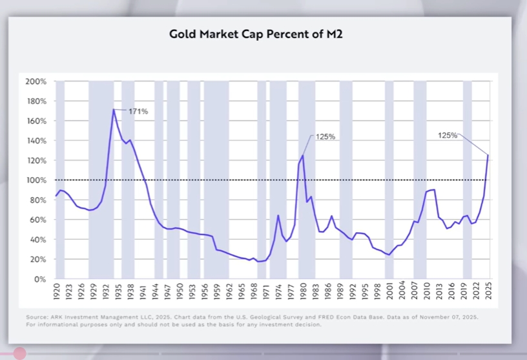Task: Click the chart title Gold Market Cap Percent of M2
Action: tap(255, 34)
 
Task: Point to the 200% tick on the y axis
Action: tap(36, 81)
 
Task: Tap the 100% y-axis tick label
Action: tap(36, 180)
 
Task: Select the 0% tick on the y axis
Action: tap(40, 279)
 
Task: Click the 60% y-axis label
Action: tap(37, 220)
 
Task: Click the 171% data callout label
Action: tap(138, 111)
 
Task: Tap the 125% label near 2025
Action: tap(448, 135)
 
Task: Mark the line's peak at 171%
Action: tap(114, 109)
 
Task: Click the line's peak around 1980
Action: tap(302, 155)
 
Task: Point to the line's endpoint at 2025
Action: tap(488, 155)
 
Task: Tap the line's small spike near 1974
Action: tap(278, 216)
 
